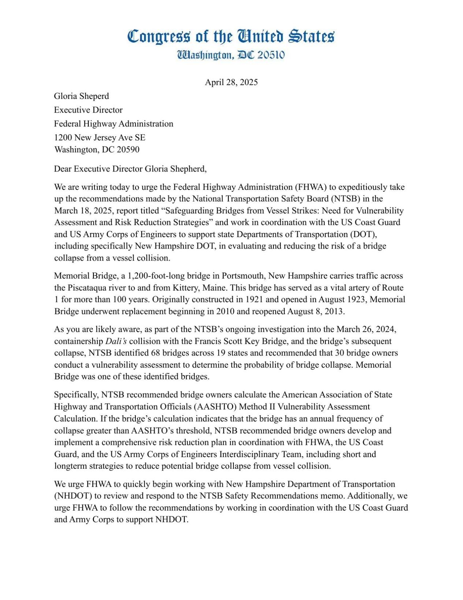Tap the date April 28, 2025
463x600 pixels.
pyautogui.click(x=231, y=82)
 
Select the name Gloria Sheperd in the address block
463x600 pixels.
pyautogui.click(x=81, y=96)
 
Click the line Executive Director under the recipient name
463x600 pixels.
pyautogui.click(x=88, y=110)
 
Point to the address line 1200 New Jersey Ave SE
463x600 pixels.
pyautogui.click(x=100, y=137)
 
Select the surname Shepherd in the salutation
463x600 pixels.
pyautogui.click(x=187, y=169)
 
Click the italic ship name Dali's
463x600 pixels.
pyautogui.click(x=116, y=341)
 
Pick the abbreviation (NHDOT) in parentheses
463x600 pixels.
pyautogui.click(x=72, y=496)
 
